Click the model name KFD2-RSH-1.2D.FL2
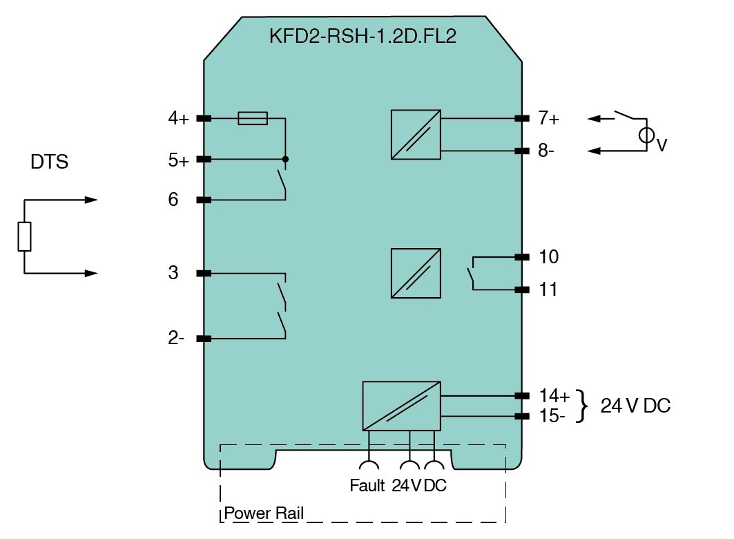tap(363, 36)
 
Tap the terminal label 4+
tap(178, 118)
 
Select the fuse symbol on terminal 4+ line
tap(253, 119)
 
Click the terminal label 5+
tap(178, 161)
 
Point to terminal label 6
tap(173, 200)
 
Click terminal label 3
tap(173, 273)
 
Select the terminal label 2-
tap(177, 339)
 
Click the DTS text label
tap(49, 163)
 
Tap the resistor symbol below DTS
tap(24, 237)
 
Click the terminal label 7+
tap(549, 118)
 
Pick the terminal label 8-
tap(548, 150)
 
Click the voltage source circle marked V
tap(646, 136)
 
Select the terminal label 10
tap(548, 257)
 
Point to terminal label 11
tap(548, 290)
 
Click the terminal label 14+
tap(554, 396)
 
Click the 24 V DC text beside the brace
tap(635, 406)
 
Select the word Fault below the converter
tap(367, 486)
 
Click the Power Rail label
tap(264, 514)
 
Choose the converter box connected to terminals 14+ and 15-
tap(401, 406)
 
